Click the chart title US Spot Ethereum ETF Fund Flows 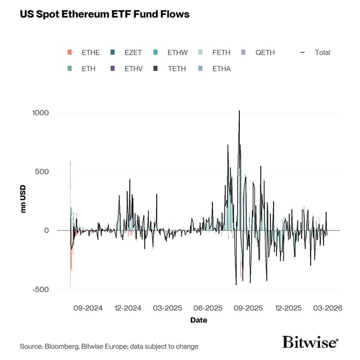(105, 14)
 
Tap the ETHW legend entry (177, 53)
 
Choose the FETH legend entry (221, 53)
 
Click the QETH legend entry (265, 53)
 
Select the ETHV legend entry (134, 69)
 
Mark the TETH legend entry (177, 69)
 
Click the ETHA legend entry (221, 69)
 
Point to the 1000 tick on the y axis (40, 113)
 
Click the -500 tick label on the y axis (40, 289)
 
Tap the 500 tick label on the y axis (42, 172)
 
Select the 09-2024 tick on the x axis (89, 308)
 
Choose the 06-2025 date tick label (208, 308)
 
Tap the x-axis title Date (198, 320)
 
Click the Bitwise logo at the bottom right (310, 342)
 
